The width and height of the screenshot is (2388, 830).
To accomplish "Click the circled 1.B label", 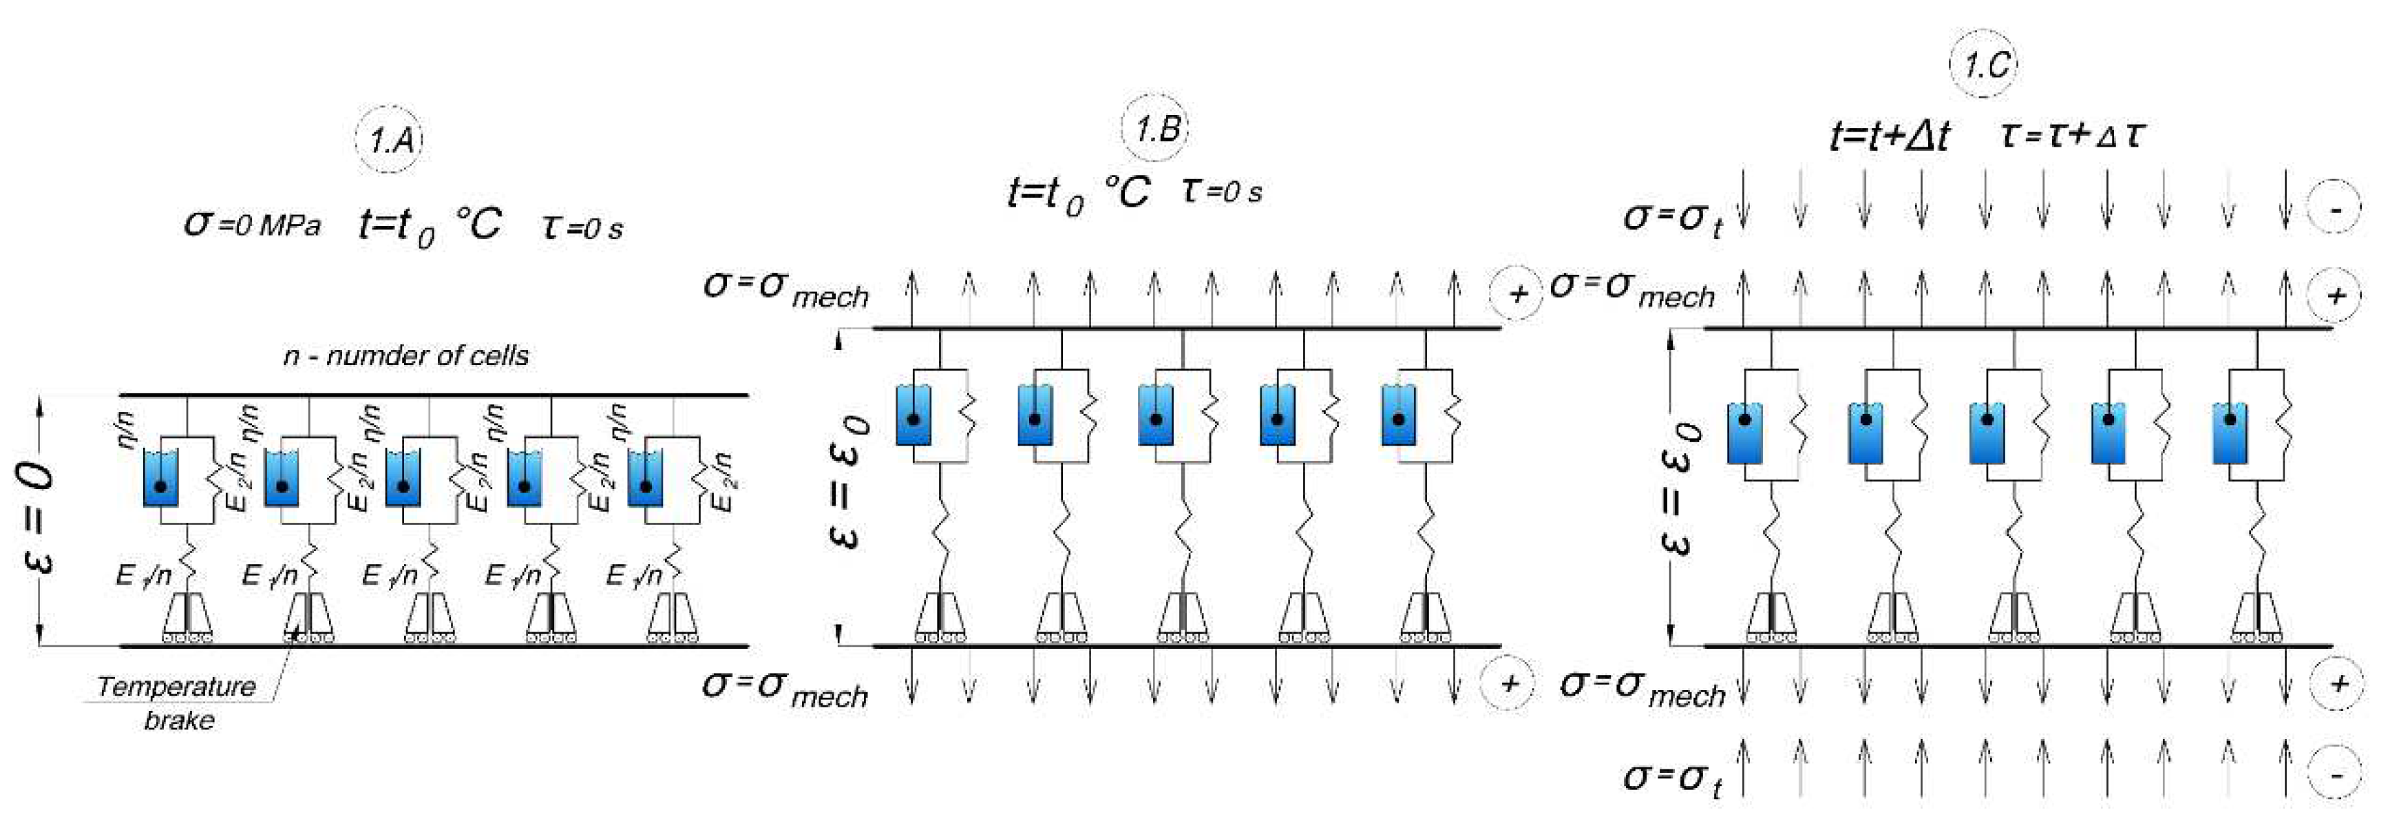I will point(1155,128).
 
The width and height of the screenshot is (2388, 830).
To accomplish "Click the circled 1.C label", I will point(1985,65).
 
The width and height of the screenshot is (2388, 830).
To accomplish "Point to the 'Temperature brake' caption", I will point(177,702).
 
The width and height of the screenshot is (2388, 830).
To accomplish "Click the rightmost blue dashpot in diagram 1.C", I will point(2228,433).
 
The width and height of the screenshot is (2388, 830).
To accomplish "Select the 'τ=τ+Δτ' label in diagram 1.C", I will point(2071,136).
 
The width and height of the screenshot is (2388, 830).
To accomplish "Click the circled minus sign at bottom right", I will point(2335,776).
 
